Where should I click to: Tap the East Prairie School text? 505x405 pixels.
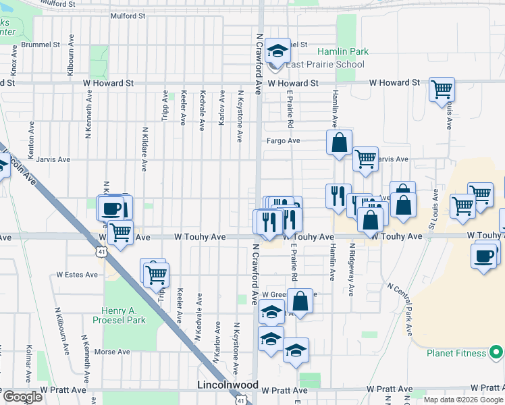pyautogui.click(x=325, y=64)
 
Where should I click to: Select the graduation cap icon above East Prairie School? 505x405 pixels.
pyautogui.click(x=277, y=51)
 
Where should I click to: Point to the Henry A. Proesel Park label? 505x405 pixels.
pyautogui.click(x=124, y=315)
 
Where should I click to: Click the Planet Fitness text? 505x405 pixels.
pyautogui.click(x=456, y=353)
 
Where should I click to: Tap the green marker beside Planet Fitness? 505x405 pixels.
pyautogui.click(x=496, y=352)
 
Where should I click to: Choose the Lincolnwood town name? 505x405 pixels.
pyautogui.click(x=228, y=385)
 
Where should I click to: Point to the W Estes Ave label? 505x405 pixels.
pyautogui.click(x=75, y=275)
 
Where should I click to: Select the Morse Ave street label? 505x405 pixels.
pyautogui.click(x=112, y=352)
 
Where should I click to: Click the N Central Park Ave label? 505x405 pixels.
pyautogui.click(x=399, y=309)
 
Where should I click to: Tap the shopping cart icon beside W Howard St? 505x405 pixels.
pyautogui.click(x=442, y=88)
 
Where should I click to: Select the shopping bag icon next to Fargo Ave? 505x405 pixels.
pyautogui.click(x=339, y=142)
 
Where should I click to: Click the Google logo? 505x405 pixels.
pyautogui.click(x=23, y=397)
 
